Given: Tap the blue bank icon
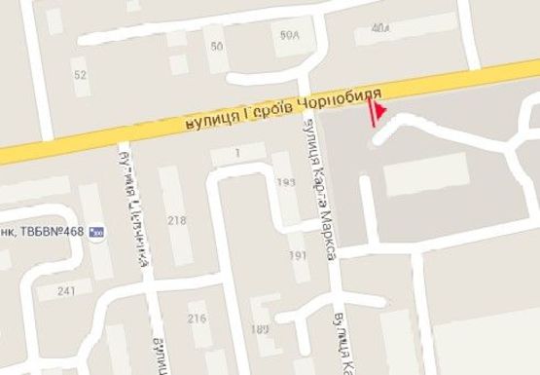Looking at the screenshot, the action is (95, 233).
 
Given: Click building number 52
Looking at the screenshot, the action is (80, 74).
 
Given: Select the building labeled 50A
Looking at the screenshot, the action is (288, 35).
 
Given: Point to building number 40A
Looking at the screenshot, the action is (379, 28).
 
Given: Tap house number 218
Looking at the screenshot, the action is (177, 221).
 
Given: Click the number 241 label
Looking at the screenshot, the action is (67, 291).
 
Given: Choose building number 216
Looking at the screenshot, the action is (198, 319).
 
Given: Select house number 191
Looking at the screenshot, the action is (299, 254).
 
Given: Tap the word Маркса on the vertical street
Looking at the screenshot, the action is (330, 234).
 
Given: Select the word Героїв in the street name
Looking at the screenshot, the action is (263, 111).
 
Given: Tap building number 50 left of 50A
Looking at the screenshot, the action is (216, 46).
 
